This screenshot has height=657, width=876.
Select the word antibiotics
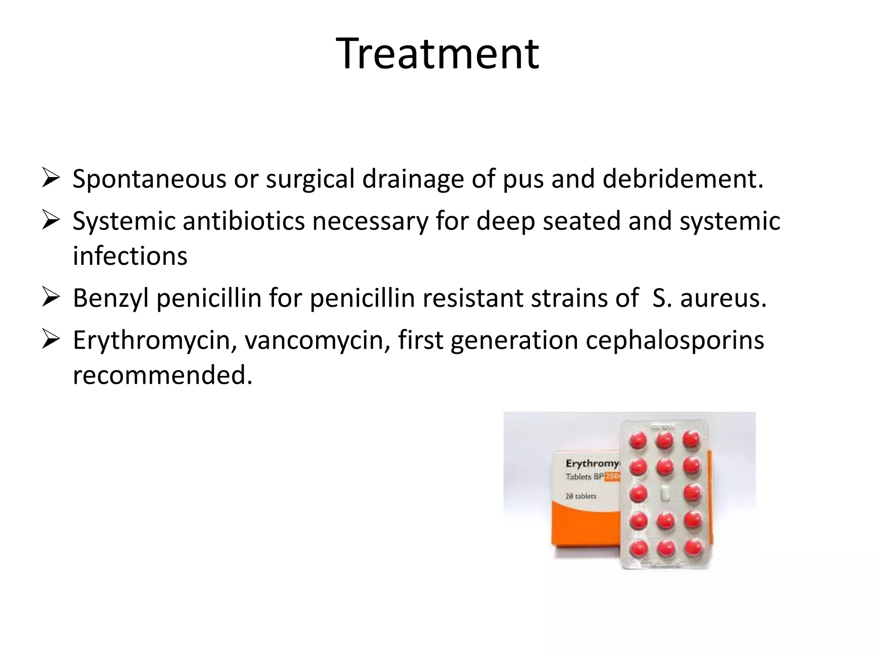pos(243,221)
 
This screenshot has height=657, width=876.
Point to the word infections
pos(130,256)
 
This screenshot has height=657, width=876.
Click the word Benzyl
pos(110,298)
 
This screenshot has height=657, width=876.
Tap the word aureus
pos(723,298)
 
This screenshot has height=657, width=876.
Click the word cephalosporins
pos(675,340)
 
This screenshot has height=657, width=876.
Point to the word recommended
pos(163,375)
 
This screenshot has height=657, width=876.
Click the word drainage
pos(413,179)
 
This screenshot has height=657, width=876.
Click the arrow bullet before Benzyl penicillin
pos(50,298)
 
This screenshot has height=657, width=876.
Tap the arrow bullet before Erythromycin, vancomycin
pos(50,340)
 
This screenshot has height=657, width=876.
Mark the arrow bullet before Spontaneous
pos(50,178)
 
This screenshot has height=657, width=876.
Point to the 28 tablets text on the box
pos(580,496)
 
